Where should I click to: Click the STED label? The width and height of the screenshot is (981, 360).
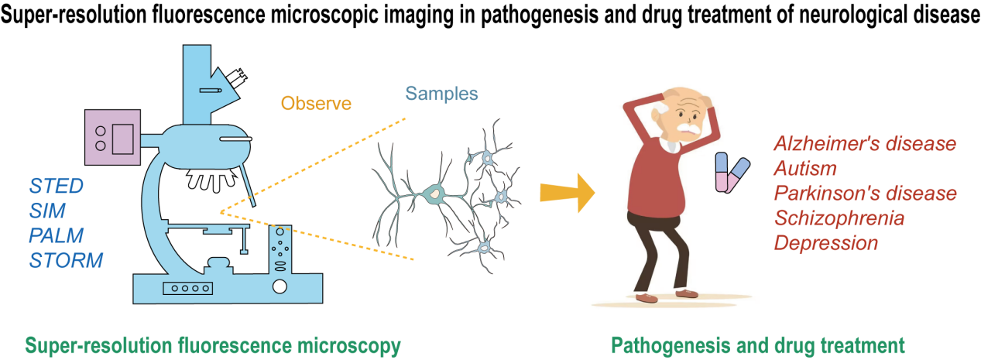click(56, 186)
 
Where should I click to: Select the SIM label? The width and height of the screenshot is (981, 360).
click(47, 211)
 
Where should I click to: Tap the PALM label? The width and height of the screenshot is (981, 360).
click(57, 235)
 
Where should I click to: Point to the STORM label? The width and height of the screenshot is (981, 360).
click(66, 260)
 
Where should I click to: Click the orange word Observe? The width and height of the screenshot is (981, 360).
click(316, 103)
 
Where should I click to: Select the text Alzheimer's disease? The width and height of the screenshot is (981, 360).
click(865, 144)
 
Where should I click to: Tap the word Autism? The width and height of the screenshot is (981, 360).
click(805, 168)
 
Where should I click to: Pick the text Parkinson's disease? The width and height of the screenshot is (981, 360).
click(866, 193)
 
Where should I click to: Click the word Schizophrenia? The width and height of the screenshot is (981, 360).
click(839, 218)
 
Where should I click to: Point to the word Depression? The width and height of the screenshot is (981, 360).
click(826, 242)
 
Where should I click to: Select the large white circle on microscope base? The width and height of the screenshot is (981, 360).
click(280, 288)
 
